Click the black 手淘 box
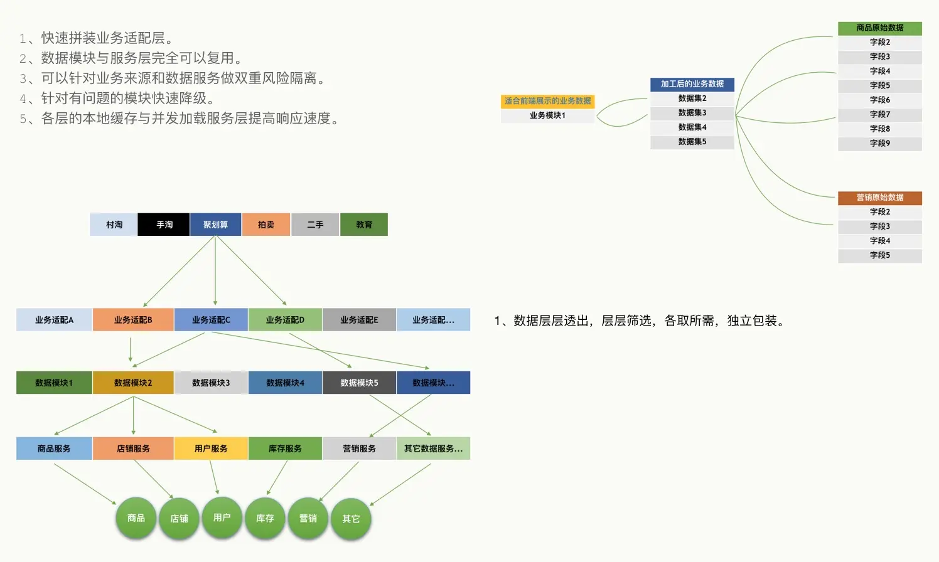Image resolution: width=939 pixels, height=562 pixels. (163, 225)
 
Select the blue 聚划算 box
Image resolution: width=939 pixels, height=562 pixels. (215, 225)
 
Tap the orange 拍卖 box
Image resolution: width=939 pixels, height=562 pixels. (266, 225)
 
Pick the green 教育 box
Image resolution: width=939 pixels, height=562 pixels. (364, 225)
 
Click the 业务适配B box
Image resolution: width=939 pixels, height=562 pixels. (133, 320)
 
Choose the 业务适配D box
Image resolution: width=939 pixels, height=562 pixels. (285, 320)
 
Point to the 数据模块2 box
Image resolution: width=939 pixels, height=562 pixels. (133, 383)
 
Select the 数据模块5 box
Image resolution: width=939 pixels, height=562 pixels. (359, 383)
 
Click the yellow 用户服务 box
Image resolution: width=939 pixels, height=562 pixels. (211, 448)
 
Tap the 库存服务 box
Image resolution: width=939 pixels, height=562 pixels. (285, 448)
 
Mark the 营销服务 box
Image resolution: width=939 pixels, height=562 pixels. (359, 448)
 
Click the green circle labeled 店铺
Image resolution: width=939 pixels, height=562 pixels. (179, 518)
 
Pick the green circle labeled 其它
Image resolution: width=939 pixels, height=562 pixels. (351, 519)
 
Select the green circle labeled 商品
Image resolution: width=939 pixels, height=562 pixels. (136, 518)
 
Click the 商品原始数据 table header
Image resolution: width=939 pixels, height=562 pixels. (879, 28)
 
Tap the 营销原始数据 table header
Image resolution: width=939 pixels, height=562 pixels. (879, 198)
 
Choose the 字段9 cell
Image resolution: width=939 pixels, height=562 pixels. (879, 143)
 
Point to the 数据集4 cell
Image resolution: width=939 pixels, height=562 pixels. (692, 127)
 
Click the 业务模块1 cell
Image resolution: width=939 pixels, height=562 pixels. (547, 115)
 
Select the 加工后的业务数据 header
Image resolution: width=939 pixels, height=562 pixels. (692, 84)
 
